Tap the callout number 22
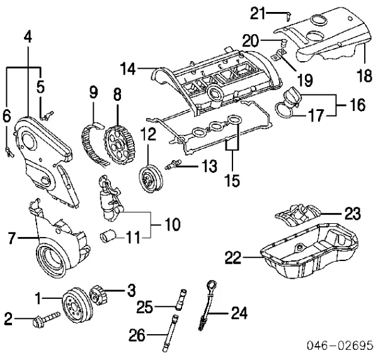233,256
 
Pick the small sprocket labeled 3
98,296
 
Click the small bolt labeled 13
173,166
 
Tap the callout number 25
145,307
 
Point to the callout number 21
258,12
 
